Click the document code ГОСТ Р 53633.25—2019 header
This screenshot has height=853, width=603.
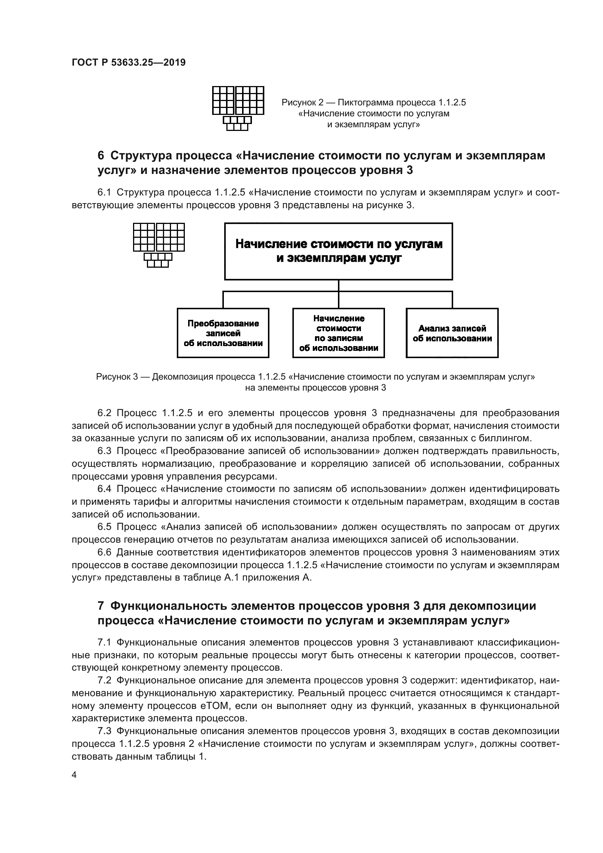(x=128, y=62)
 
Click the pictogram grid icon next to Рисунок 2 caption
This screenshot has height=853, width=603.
(x=238, y=108)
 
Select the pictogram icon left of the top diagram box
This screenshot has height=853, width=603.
(x=159, y=244)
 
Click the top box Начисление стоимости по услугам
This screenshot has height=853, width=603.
(x=338, y=251)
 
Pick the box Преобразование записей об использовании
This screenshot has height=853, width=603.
(x=223, y=333)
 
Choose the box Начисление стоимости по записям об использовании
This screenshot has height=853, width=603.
(x=338, y=333)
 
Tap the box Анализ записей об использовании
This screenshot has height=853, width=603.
(x=452, y=333)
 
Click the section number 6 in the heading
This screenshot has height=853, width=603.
(x=101, y=155)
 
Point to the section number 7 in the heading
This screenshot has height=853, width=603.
(x=101, y=606)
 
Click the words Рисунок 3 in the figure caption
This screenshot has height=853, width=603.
(x=117, y=377)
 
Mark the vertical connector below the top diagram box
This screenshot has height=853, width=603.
(x=338, y=285)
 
